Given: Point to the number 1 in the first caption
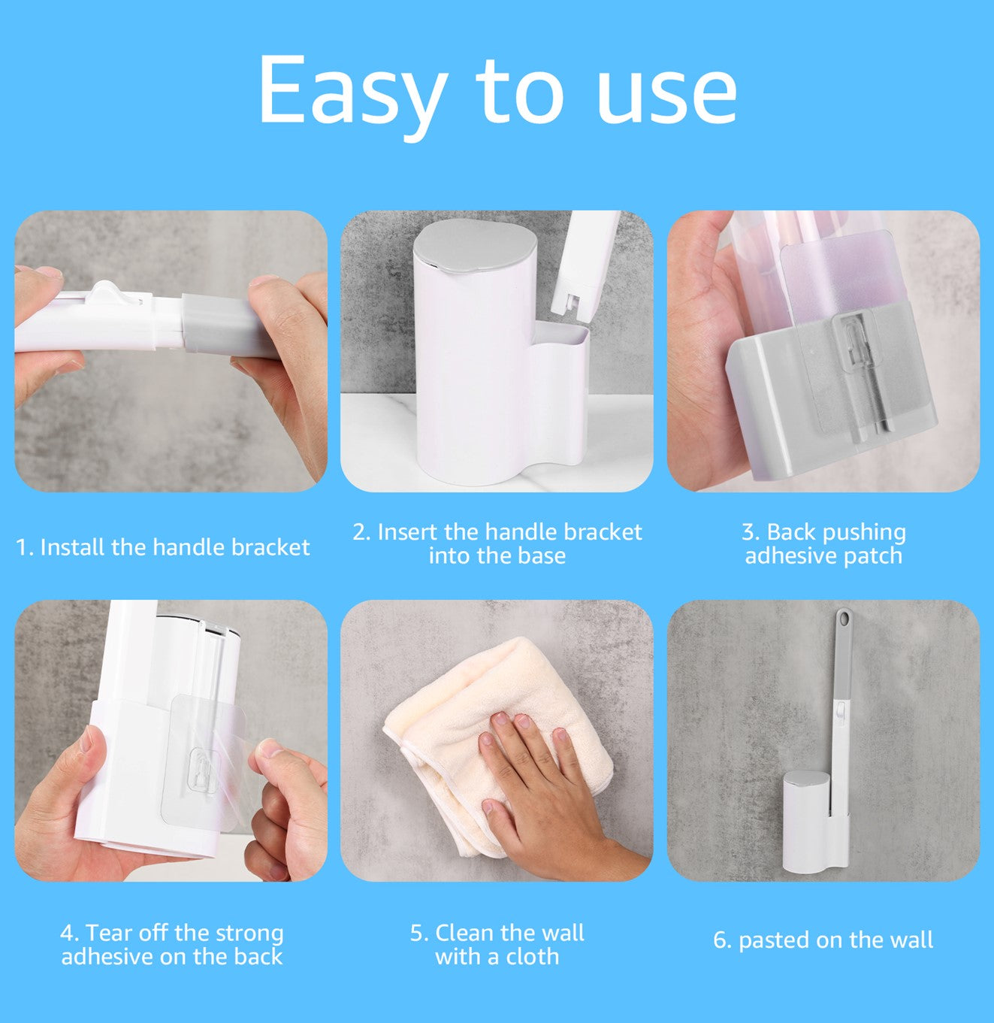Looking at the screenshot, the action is (x=22, y=548).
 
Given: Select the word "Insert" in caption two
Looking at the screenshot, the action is (x=408, y=532).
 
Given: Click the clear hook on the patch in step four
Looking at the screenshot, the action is (x=204, y=770).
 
